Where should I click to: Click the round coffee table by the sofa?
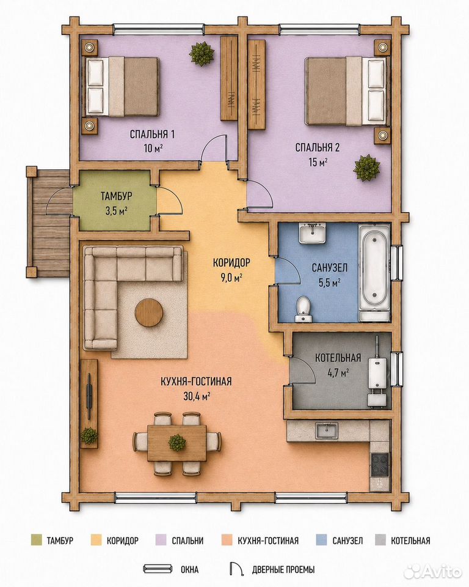click(x=149, y=312)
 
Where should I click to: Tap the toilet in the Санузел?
click(x=303, y=309)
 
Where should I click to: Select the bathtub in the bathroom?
click(x=373, y=272)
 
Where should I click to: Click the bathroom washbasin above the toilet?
click(x=313, y=233)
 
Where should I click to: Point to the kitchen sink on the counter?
click(x=327, y=430)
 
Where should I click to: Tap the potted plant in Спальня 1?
click(x=202, y=53)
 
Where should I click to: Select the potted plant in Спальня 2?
click(x=367, y=168)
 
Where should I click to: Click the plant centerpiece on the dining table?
click(x=177, y=443)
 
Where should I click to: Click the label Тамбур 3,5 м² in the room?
click(x=116, y=203)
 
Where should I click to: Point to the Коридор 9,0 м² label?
click(x=231, y=270)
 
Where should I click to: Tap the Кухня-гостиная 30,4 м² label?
click(x=196, y=388)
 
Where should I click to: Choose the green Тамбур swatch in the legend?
click(x=36, y=540)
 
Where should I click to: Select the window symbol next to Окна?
click(x=158, y=569)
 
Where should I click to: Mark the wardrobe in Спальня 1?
click(x=229, y=78)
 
